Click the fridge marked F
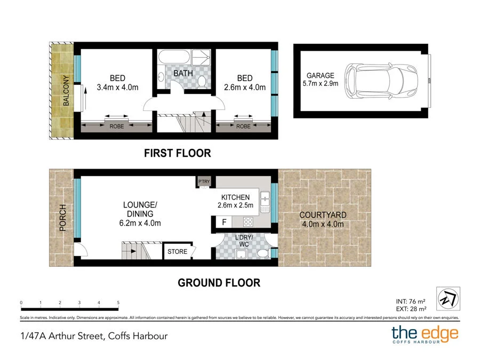coord(222,221)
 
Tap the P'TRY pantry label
coord(204,182)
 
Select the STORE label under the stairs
coord(177,251)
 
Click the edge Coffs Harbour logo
coord(425,335)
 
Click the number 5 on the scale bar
coord(118,303)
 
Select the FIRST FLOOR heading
coord(178,153)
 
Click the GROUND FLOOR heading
coord(219,283)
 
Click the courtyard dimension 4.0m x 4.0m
coord(323,223)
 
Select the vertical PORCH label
coord(62,218)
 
